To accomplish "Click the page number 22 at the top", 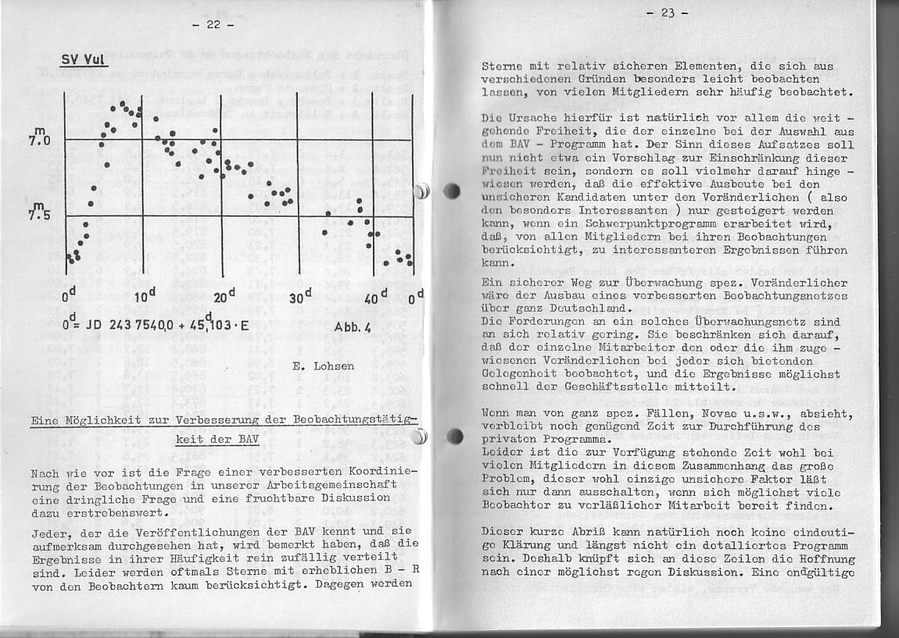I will coord(213,24).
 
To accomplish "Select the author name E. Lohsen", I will coord(323,365).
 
